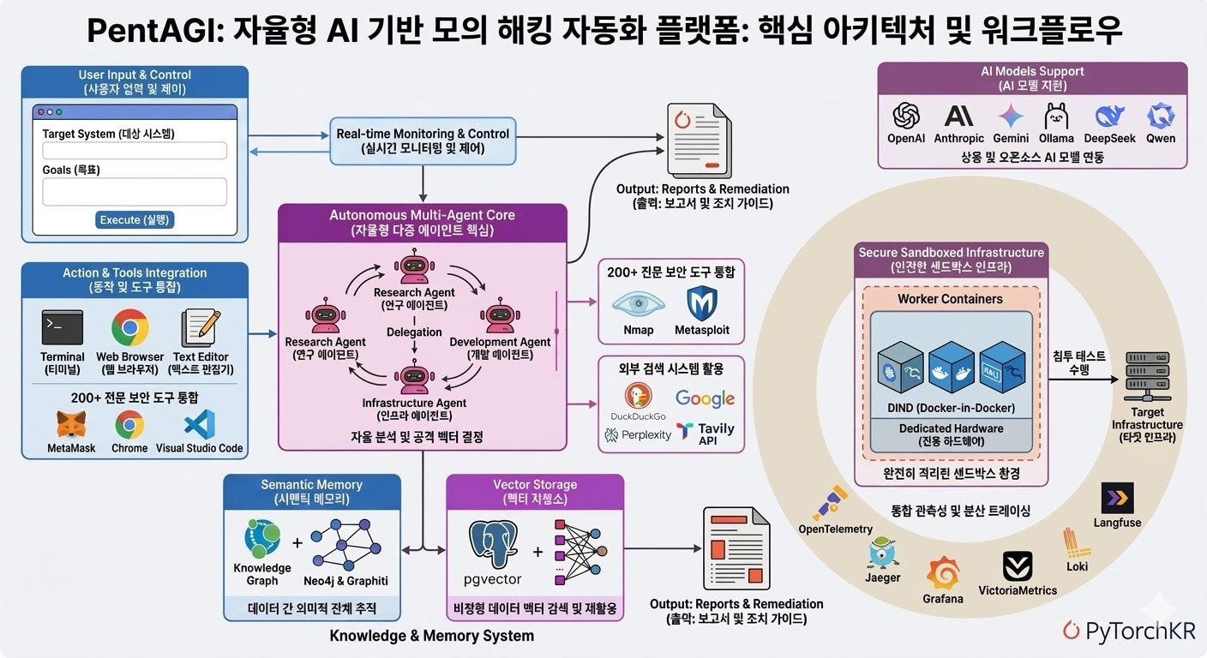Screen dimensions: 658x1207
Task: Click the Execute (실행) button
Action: pyautogui.click(x=135, y=220)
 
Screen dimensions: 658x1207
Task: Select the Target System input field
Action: pyautogui.click(x=135, y=151)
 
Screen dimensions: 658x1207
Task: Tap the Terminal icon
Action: pyautogui.click(x=62, y=328)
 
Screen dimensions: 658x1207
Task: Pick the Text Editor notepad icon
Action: pyautogui.click(x=201, y=328)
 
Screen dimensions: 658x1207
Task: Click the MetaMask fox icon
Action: pyautogui.click(x=71, y=424)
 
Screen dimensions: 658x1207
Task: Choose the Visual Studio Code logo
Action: pyautogui.click(x=200, y=424)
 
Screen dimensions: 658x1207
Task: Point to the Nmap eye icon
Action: pyautogui.click(x=638, y=304)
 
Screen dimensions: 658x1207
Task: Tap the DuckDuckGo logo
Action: pyautogui.click(x=638, y=396)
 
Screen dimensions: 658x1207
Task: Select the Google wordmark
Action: pyautogui.click(x=705, y=398)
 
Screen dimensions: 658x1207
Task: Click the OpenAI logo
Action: pyautogui.click(x=906, y=116)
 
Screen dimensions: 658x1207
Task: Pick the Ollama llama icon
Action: pyautogui.click(x=1056, y=116)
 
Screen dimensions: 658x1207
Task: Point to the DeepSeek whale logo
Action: pyautogui.click(x=1109, y=116)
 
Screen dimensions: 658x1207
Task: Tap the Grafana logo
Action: pyautogui.click(x=943, y=573)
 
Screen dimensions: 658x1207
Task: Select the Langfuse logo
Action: pyautogui.click(x=1117, y=498)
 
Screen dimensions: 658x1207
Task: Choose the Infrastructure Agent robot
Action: pyautogui.click(x=414, y=377)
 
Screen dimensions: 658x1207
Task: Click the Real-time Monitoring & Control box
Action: pyautogui.click(x=423, y=141)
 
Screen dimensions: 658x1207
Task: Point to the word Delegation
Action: pyautogui.click(x=414, y=332)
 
